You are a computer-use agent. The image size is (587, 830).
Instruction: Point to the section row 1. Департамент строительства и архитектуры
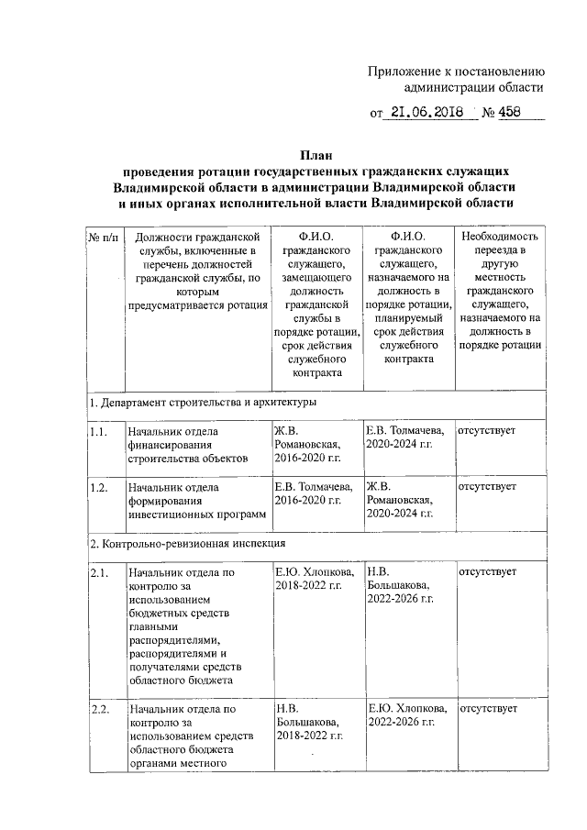pos(203,402)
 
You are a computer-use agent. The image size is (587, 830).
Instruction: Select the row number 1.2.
pos(99,486)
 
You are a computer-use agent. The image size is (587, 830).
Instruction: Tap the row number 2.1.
pos(99,572)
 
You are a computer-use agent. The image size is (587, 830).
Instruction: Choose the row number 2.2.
pos(99,710)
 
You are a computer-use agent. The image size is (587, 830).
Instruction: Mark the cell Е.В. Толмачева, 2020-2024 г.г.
pos(405,437)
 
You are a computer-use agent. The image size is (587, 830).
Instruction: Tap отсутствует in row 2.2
pos(487,710)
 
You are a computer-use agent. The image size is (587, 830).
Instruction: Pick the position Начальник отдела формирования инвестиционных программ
pos(195,500)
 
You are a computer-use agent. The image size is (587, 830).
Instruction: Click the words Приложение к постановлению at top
pos(456,72)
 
